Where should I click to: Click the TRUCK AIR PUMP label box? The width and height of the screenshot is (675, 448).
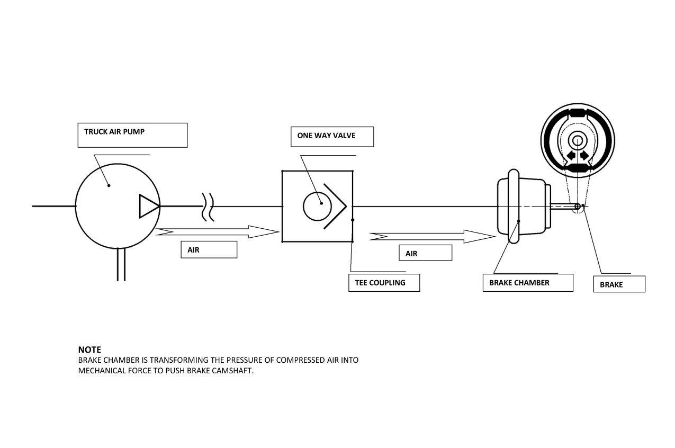132,135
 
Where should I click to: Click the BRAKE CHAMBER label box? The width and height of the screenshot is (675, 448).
528,283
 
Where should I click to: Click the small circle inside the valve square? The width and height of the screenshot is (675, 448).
317,207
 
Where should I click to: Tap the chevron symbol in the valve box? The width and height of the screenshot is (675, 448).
335,206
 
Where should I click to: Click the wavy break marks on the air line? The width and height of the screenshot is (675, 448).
208,207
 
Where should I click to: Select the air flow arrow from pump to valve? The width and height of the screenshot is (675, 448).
217,232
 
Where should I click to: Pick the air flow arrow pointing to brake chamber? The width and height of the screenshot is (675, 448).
433,237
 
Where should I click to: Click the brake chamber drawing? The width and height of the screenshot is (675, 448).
524,206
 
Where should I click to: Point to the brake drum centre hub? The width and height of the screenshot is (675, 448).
578,140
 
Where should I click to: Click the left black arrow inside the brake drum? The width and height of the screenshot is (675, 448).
570,156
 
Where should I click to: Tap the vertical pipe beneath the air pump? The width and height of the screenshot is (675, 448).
121,265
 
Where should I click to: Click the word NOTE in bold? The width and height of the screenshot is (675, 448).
89,350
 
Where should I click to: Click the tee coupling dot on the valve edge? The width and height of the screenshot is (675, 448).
353,220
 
